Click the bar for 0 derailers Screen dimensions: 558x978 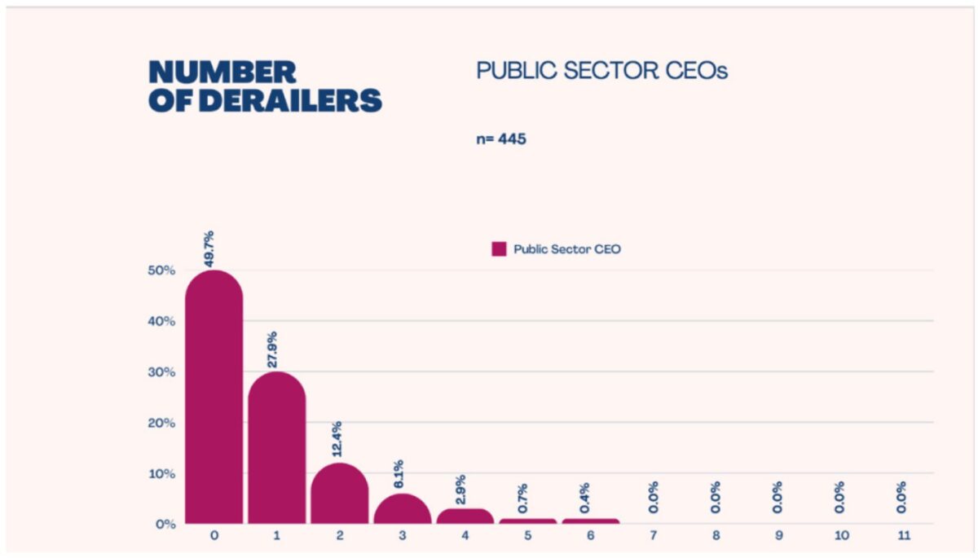[x=214, y=399]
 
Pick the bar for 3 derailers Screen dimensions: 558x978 [x=402, y=510]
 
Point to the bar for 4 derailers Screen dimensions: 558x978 [x=465, y=516]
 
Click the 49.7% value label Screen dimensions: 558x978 [x=209, y=249]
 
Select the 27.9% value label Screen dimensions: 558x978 [x=273, y=350]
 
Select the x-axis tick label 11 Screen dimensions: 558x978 [x=901, y=536]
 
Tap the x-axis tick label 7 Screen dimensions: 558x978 [x=653, y=536]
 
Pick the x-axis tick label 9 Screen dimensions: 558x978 [x=778, y=536]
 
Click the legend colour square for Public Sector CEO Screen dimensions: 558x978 [x=499, y=249]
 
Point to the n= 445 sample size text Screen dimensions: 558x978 [x=501, y=138]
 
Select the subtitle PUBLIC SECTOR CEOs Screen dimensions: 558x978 [x=601, y=72]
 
